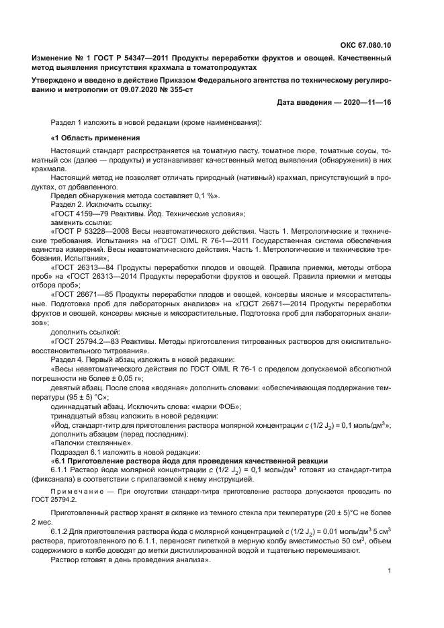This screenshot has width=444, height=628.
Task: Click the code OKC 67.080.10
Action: (x=365, y=45)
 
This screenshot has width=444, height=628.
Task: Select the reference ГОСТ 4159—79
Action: (x=82, y=214)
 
